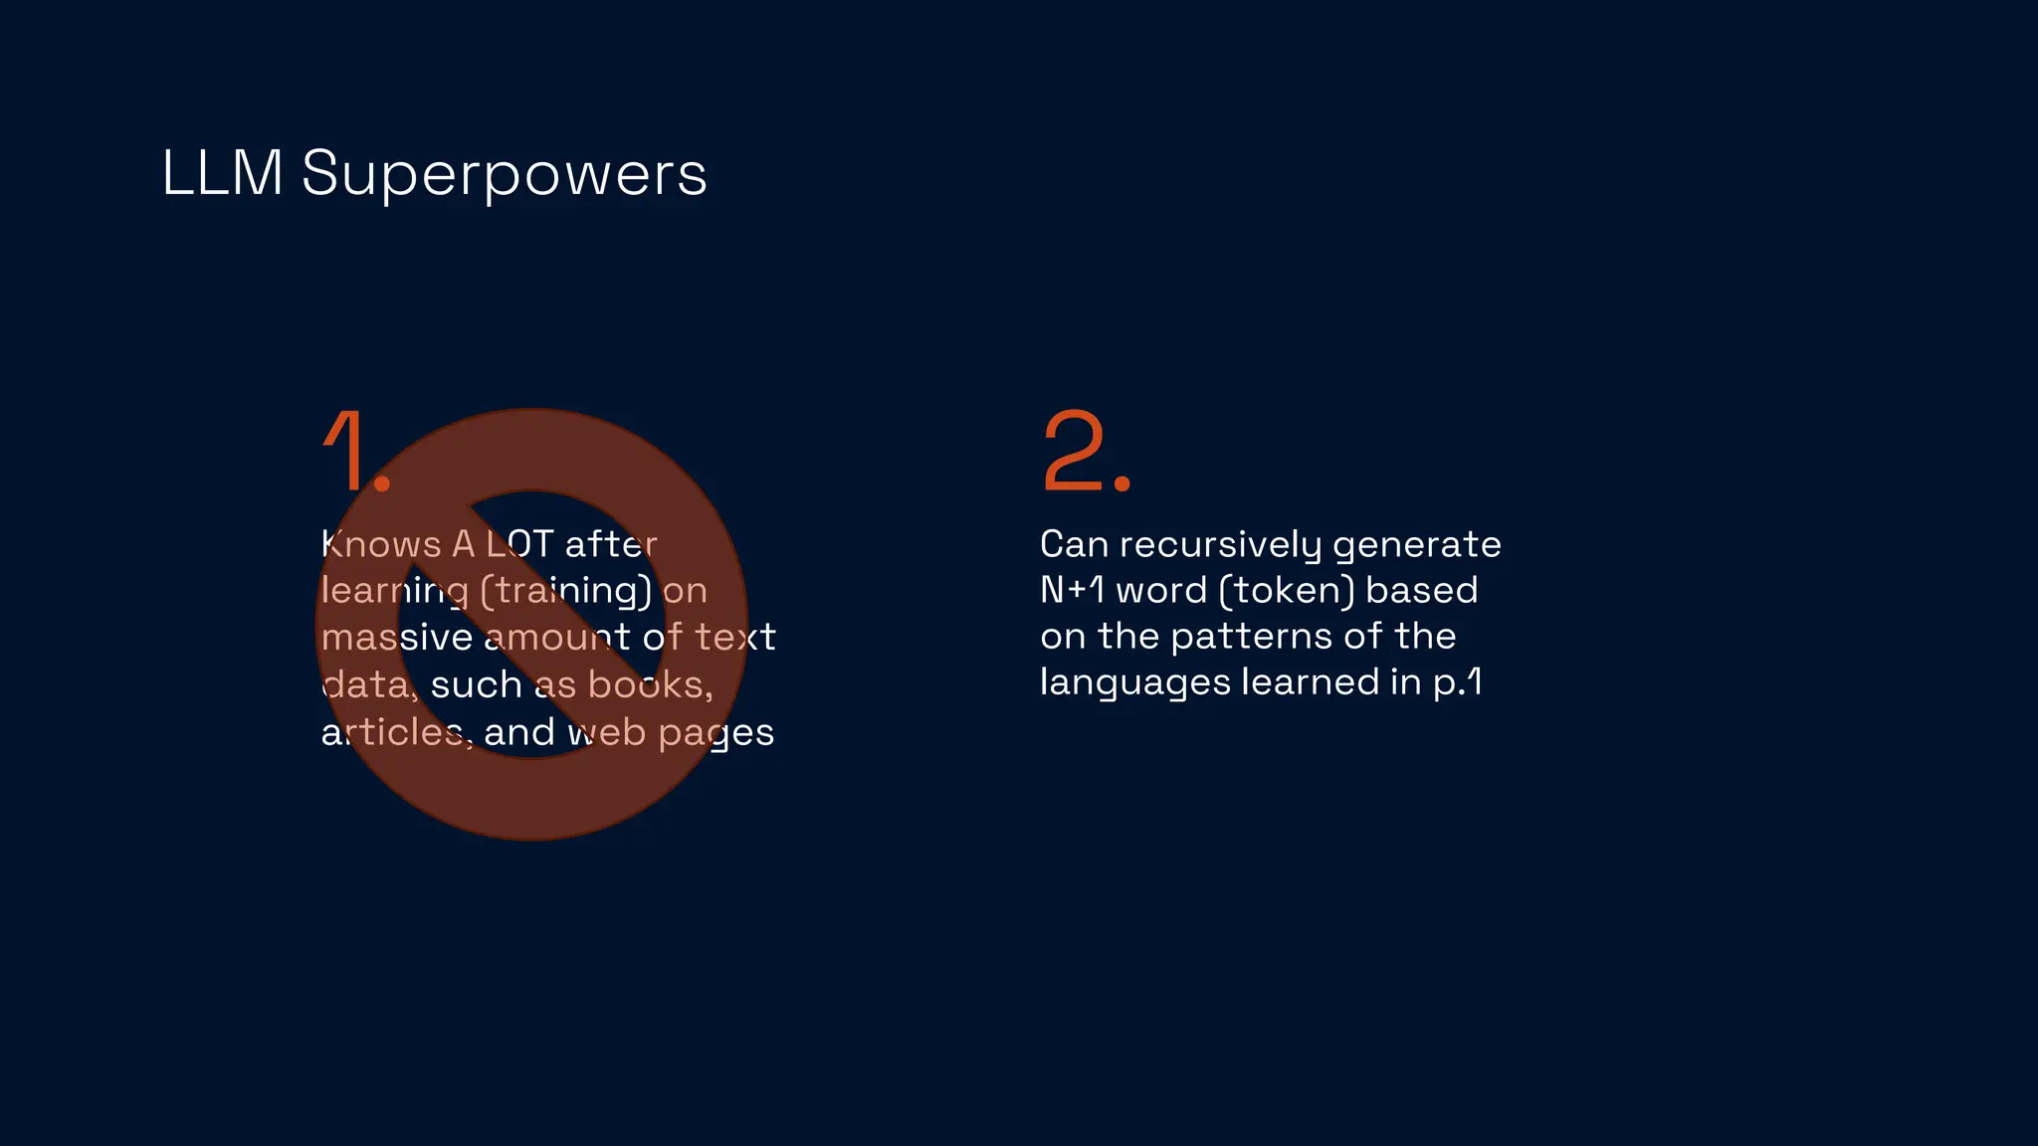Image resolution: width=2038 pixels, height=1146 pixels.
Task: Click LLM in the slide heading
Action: click(223, 174)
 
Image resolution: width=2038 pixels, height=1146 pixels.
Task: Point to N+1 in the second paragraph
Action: click(1072, 591)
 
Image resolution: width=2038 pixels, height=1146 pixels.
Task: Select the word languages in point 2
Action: click(1134, 683)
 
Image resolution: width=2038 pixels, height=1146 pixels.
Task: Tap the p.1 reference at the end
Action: click(1458, 683)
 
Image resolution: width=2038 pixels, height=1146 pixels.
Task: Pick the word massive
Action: click(396, 638)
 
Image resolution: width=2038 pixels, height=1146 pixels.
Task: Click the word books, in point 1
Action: click(650, 685)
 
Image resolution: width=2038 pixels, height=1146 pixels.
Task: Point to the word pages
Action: click(715, 733)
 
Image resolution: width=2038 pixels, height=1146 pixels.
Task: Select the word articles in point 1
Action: click(395, 733)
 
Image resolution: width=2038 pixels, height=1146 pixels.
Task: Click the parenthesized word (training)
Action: click(566, 591)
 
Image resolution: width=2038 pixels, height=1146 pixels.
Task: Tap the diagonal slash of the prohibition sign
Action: click(531, 624)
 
